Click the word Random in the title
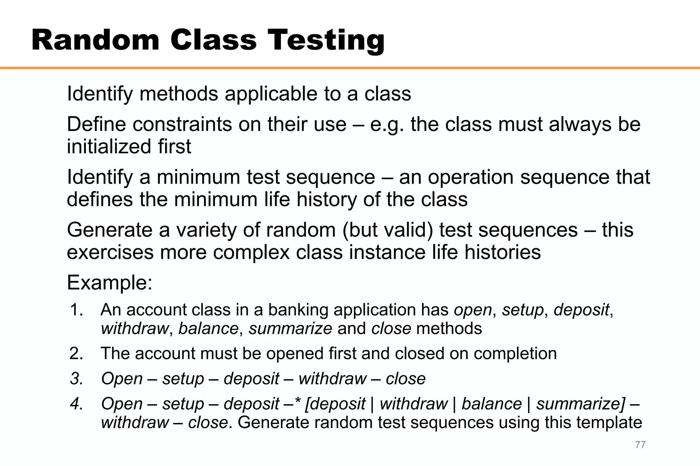pos(95,40)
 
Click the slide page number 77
pos(640,444)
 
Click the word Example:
pos(109,283)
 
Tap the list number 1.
pos(77,310)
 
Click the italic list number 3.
pos(77,379)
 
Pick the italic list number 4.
pos(77,404)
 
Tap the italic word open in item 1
pos(473,310)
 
